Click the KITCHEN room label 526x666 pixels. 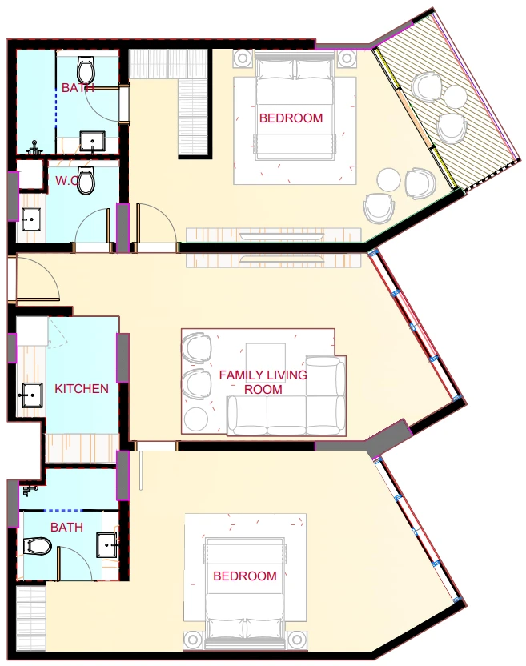[x=82, y=389]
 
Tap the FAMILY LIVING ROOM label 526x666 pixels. [x=263, y=383]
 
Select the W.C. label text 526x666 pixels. [x=66, y=181]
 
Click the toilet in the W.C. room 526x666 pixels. [x=86, y=181]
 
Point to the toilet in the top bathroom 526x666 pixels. [x=86, y=70]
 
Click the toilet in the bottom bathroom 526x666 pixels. [x=38, y=546]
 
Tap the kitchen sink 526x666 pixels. [x=31, y=395]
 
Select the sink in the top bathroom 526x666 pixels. [x=93, y=142]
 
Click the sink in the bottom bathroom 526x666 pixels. [x=107, y=545]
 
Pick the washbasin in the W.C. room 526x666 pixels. [x=30, y=219]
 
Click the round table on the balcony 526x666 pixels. [x=455, y=98]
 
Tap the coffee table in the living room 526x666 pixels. [x=266, y=363]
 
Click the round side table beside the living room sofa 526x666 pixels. [x=196, y=419]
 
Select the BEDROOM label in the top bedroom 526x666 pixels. [x=291, y=118]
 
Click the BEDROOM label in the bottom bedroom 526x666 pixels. [x=245, y=576]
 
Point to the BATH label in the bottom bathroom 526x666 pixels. [x=66, y=527]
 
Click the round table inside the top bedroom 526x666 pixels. [x=388, y=179]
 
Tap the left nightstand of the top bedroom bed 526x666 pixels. [x=243, y=58]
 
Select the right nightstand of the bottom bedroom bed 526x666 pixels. [x=297, y=640]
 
